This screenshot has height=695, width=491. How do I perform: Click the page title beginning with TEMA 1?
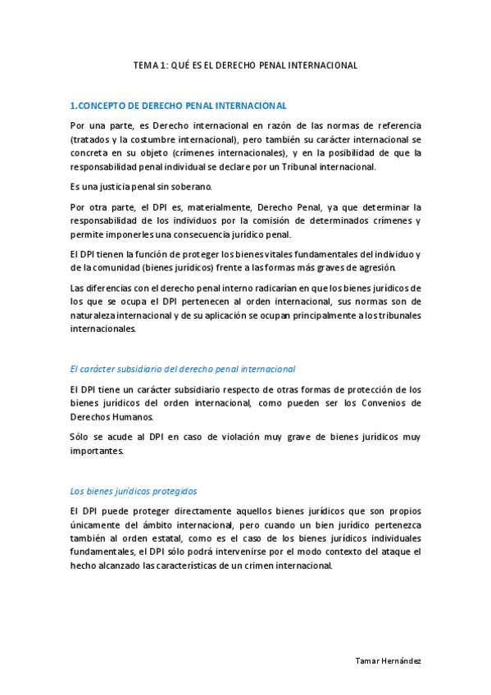click(246, 65)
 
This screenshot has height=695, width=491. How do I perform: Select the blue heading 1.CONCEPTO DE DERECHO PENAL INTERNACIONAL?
click(178, 106)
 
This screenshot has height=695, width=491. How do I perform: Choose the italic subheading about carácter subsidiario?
click(183, 369)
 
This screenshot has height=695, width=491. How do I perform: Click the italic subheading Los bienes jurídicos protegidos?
click(134, 491)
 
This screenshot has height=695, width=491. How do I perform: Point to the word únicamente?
click(97, 524)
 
